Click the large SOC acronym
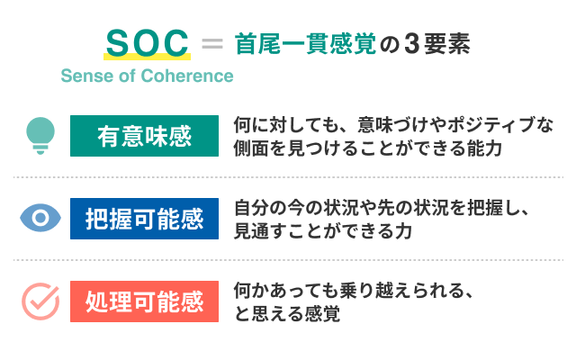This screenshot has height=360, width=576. tap(147, 43)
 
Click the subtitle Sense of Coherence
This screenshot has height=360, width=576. tap(147, 76)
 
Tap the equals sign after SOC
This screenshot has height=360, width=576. tap(211, 43)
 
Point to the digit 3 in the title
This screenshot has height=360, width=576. tap(411, 43)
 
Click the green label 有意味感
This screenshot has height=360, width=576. tap(144, 136)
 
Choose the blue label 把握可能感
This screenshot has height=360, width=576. tap(144, 219)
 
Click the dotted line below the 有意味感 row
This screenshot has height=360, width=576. tap(288, 176)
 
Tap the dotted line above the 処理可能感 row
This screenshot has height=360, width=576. tap(288, 260)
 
